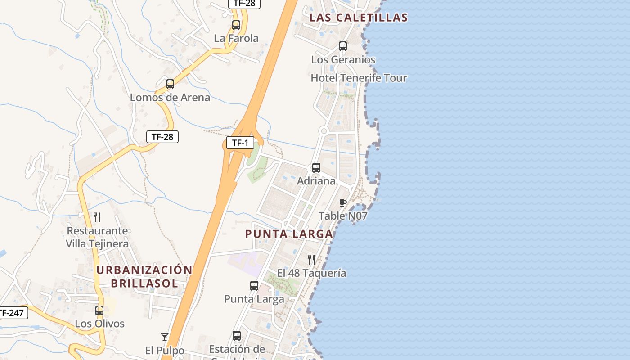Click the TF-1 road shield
pyautogui.click(x=240, y=143)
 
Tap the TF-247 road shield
pyautogui.click(x=13, y=312)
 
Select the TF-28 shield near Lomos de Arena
pyautogui.click(x=162, y=137)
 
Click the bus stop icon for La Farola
pyautogui.click(x=236, y=25)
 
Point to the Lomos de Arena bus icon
pyautogui.click(x=170, y=84)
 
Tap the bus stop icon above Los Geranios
pyautogui.click(x=343, y=46)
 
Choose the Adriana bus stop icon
pyautogui.click(x=316, y=168)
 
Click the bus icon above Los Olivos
pyautogui.click(x=99, y=310)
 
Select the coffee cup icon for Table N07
pyautogui.click(x=342, y=203)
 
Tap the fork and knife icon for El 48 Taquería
pyautogui.click(x=311, y=259)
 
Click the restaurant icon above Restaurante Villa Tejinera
pyautogui.click(x=97, y=217)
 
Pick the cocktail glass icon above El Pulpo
pyautogui.click(x=165, y=337)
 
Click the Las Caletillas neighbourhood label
pyautogui.click(x=359, y=18)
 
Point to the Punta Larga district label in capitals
pyautogui.click(x=289, y=234)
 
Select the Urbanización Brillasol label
pyautogui.click(x=144, y=276)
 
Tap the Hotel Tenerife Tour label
pyautogui.click(x=359, y=78)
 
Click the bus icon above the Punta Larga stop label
pyautogui.click(x=254, y=286)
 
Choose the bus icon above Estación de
pyautogui.click(x=237, y=336)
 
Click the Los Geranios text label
pyautogui.click(x=343, y=60)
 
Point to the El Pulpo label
pyautogui.click(x=165, y=350)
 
